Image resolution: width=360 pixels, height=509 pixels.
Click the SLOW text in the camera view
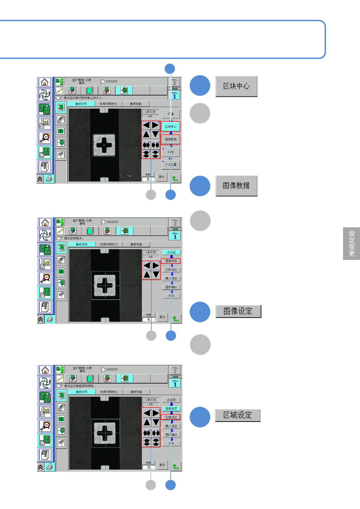click(126, 176)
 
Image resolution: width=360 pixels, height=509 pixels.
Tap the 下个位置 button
click(171, 165)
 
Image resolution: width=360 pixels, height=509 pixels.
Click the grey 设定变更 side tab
click(352, 243)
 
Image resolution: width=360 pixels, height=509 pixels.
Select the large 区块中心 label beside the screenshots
click(236, 86)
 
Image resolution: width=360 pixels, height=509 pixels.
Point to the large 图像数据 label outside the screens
click(236, 186)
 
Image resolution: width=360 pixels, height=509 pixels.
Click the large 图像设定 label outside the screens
click(238, 311)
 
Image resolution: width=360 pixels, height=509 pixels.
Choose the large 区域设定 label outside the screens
click(238, 415)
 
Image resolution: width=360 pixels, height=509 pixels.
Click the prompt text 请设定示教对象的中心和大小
click(83, 98)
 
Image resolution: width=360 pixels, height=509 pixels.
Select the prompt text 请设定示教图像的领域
click(80, 386)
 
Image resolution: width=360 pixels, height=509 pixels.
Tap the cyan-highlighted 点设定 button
click(171, 252)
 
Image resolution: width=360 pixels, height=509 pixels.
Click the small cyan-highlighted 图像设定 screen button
click(171, 409)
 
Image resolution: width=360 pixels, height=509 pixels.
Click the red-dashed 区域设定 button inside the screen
click(171, 417)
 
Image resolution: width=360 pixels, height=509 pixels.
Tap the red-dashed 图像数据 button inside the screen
click(171, 139)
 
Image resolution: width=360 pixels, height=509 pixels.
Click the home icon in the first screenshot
click(44, 82)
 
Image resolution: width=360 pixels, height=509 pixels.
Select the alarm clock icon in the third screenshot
click(45, 426)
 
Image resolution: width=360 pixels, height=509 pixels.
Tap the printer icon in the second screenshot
click(50, 319)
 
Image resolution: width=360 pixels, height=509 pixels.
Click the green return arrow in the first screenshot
click(175, 178)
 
